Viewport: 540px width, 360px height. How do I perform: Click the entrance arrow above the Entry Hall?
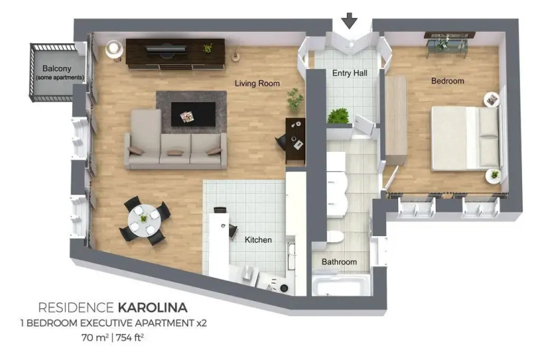350,20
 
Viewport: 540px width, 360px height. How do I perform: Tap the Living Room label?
257,84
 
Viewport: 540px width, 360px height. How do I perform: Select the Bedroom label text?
448,81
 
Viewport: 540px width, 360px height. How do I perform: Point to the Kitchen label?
258,240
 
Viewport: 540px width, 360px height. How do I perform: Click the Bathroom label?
339,262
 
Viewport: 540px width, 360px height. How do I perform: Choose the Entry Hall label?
349,73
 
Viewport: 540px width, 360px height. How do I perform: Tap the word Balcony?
57,68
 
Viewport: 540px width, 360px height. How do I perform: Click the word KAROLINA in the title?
153,307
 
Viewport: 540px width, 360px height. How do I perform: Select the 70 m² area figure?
95,337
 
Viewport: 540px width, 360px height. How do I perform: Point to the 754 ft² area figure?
130,337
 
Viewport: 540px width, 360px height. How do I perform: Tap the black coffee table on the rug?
194,114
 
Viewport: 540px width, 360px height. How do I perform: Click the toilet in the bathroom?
335,237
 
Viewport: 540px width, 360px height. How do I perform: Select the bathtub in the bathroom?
341,286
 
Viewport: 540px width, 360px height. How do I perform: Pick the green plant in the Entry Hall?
339,116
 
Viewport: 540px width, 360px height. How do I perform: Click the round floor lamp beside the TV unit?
114,48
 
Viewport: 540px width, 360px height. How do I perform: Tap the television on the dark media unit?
166,50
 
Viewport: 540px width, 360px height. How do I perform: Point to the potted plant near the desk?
295,100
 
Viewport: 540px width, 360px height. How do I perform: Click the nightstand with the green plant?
494,175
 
